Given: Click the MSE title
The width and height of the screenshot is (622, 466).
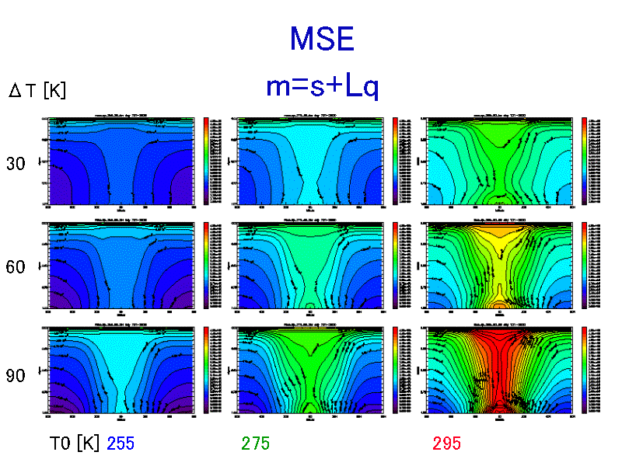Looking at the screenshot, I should point(321,39).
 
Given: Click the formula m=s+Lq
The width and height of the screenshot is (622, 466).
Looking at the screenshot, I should point(322,87).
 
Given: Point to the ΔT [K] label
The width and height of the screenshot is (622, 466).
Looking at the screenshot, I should point(37,91).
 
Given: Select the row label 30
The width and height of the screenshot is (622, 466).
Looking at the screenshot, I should point(16,164).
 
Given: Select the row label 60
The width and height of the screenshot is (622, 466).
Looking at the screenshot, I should point(16,267).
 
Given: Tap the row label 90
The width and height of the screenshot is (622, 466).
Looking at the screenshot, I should point(16,376).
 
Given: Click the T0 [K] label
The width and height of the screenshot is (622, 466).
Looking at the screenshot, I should point(75,443).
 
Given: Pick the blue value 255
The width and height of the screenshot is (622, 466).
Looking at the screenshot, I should point(121,443).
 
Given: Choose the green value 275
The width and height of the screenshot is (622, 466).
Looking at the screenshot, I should point(256,443).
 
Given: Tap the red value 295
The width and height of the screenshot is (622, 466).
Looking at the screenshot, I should point(447,443).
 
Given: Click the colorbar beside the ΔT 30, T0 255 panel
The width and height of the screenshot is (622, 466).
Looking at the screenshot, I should point(206,161).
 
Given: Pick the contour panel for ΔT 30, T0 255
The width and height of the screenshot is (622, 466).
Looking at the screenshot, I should point(121,161).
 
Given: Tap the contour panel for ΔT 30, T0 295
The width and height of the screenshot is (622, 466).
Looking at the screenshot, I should point(498,161).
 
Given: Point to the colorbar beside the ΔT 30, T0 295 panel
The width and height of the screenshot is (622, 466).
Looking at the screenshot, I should point(585,161).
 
